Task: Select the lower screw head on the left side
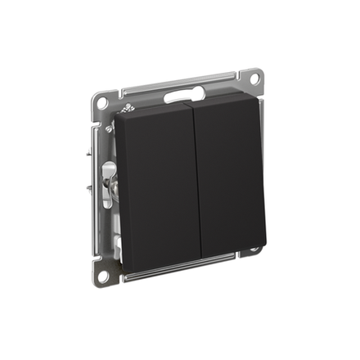110,128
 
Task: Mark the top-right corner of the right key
258,101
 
